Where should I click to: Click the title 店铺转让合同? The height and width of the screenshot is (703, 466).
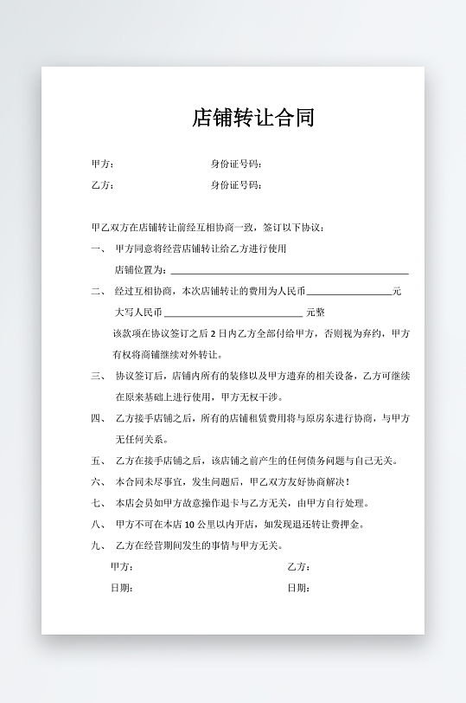[x=253, y=118]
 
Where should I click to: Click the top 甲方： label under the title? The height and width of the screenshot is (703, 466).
[x=103, y=164]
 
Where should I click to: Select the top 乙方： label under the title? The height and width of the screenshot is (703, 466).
[x=103, y=185]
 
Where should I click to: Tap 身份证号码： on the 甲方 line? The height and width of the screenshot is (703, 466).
[x=237, y=164]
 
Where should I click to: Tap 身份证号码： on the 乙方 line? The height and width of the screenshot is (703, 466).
[x=237, y=185]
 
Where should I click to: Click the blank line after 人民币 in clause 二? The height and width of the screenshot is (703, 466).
[x=349, y=293]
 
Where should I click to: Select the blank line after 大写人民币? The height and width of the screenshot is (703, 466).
[x=233, y=314]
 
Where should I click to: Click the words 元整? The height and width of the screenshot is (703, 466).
[x=316, y=313]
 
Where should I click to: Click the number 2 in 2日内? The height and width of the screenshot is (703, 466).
[x=213, y=333]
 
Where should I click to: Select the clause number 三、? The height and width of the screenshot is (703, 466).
[x=97, y=376]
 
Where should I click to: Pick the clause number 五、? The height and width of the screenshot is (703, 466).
[x=97, y=461]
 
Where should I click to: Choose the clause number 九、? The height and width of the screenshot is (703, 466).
[x=97, y=545]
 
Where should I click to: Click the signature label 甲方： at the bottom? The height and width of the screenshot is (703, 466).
[x=122, y=567]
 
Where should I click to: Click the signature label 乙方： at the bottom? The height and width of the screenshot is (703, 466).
[x=299, y=567]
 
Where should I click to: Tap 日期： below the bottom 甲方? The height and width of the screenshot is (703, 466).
[x=122, y=588]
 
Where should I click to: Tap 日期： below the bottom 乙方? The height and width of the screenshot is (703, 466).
[x=299, y=588]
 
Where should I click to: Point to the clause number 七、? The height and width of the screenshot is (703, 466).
[x=97, y=503]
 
